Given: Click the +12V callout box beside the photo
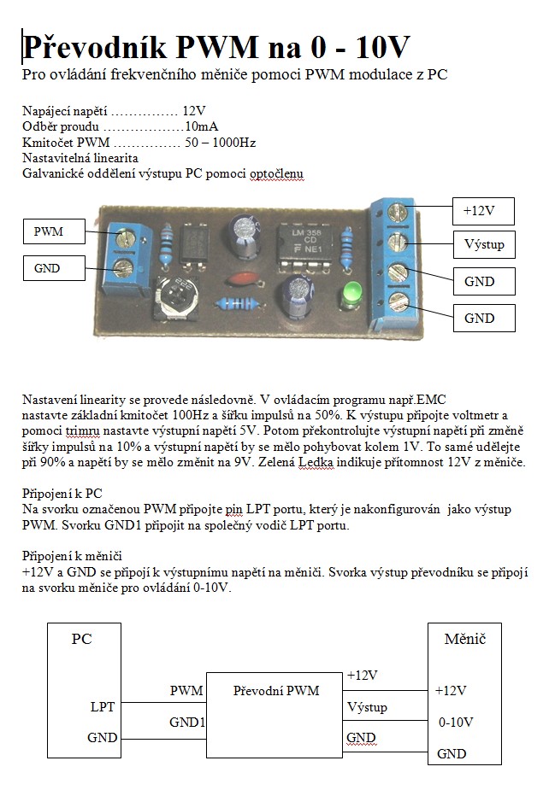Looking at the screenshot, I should (x=485, y=210).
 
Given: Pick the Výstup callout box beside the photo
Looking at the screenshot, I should (x=484, y=245).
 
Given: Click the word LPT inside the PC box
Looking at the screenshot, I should (x=102, y=707).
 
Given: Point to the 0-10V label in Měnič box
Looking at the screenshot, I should (x=456, y=723).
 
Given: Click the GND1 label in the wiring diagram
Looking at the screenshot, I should (x=186, y=723).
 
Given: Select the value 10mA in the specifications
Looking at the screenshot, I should (x=201, y=126).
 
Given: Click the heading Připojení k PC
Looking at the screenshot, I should (x=62, y=494).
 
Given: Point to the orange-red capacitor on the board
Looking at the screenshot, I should (x=239, y=279).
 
